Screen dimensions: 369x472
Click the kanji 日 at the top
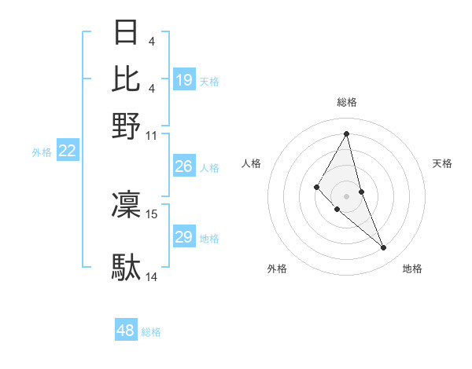[x=127, y=33]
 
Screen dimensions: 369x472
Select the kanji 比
[x=127, y=79]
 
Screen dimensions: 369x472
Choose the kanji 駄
[x=127, y=267]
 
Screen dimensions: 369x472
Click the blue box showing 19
[x=184, y=79]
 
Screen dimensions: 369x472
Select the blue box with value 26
[x=184, y=166]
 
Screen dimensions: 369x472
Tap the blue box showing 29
[x=184, y=237]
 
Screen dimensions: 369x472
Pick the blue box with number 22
[x=67, y=152]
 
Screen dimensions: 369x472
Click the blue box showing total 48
[x=126, y=331]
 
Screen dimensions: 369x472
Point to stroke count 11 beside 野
[x=152, y=135]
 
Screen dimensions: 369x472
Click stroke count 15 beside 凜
[x=152, y=214]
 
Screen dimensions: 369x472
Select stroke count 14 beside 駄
[x=152, y=276]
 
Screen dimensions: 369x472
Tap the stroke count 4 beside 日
[x=151, y=40]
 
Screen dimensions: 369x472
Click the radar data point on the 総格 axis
[x=346, y=133]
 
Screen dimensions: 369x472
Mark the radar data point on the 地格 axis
[x=384, y=248]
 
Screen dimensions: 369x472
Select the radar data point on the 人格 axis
[x=317, y=186]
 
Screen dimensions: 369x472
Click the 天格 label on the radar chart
[x=443, y=163]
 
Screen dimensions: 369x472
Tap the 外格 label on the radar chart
[x=277, y=269]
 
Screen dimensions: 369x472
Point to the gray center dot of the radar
[x=346, y=195]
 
